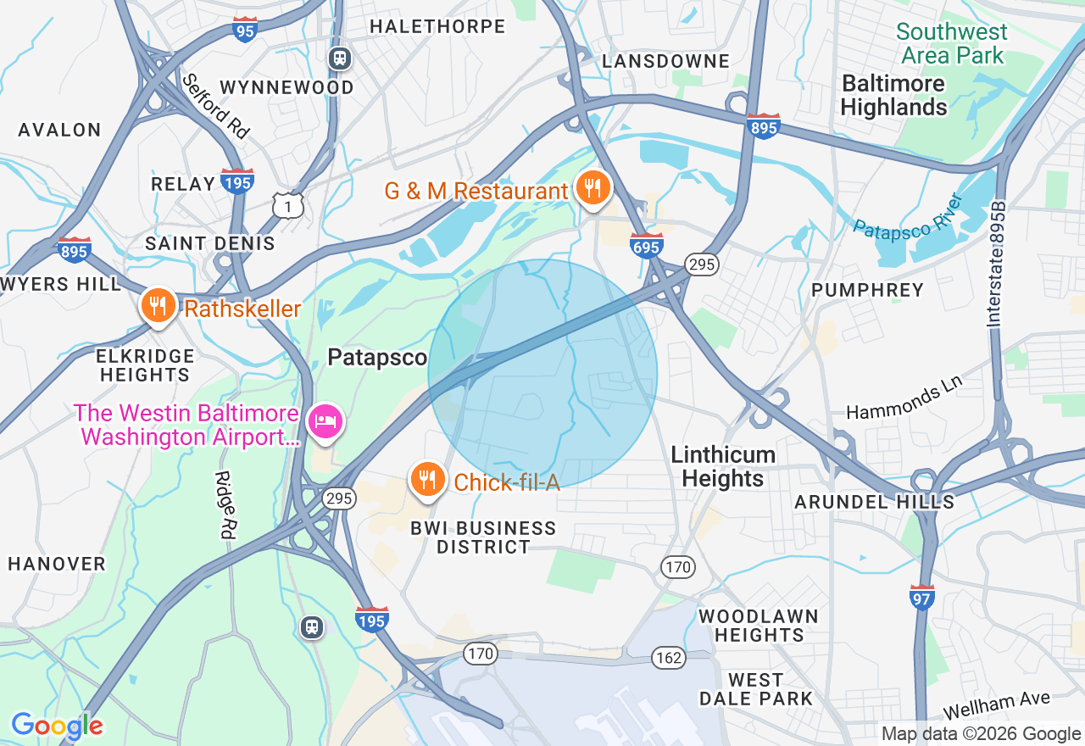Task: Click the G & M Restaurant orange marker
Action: coord(593,187)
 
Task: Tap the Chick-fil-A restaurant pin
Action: coord(427,480)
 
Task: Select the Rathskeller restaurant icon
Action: coord(158,306)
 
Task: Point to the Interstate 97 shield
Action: coord(922,597)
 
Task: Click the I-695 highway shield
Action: coord(647,243)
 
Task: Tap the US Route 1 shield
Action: coord(288,204)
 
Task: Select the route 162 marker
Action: coord(669,657)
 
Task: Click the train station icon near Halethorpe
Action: coord(341,58)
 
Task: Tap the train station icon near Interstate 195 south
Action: coord(313,626)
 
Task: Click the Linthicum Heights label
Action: coord(723,466)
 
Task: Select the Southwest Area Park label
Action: coord(951,44)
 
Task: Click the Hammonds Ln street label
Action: coord(905,399)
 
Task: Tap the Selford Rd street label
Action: coord(216,105)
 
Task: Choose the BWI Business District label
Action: coord(483,537)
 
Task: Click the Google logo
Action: coord(57,726)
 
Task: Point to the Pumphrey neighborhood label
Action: coord(867,290)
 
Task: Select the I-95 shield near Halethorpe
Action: coord(244,30)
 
